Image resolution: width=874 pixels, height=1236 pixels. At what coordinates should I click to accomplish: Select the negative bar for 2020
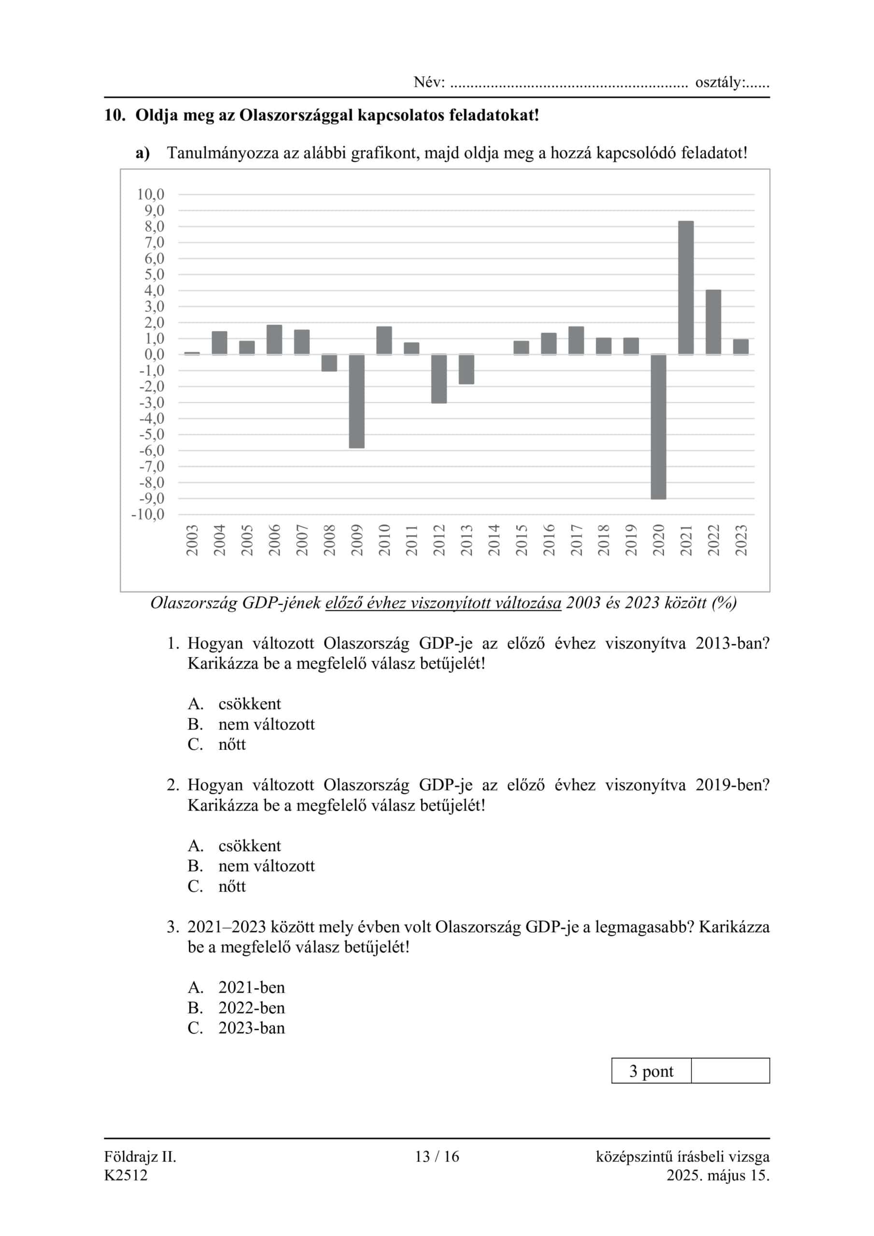pyautogui.click(x=658, y=426)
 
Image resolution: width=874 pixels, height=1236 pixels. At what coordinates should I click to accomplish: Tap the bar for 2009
pyautogui.click(x=356, y=401)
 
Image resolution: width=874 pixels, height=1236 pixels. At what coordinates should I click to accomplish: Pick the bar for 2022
pyautogui.click(x=713, y=322)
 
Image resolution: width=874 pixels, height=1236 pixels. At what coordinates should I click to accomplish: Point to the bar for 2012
pyautogui.click(x=439, y=379)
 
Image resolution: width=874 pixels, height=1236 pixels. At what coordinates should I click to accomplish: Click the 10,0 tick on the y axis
pyautogui.click(x=150, y=195)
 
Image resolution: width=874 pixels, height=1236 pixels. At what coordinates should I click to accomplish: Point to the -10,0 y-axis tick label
pyautogui.click(x=148, y=515)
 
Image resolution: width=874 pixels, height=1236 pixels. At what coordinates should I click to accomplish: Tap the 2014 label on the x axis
pyautogui.click(x=494, y=540)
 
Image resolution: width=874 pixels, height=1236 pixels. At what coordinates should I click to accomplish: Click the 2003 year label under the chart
pyautogui.click(x=192, y=540)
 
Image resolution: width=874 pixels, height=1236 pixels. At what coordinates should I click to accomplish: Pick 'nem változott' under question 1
pyautogui.click(x=266, y=724)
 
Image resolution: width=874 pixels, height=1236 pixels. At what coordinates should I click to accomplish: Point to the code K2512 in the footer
pyautogui.click(x=126, y=1175)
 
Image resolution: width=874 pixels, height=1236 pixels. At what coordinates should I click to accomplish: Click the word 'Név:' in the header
pyautogui.click(x=429, y=83)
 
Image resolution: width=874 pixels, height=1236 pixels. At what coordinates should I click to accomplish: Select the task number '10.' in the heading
pyautogui.click(x=115, y=115)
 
